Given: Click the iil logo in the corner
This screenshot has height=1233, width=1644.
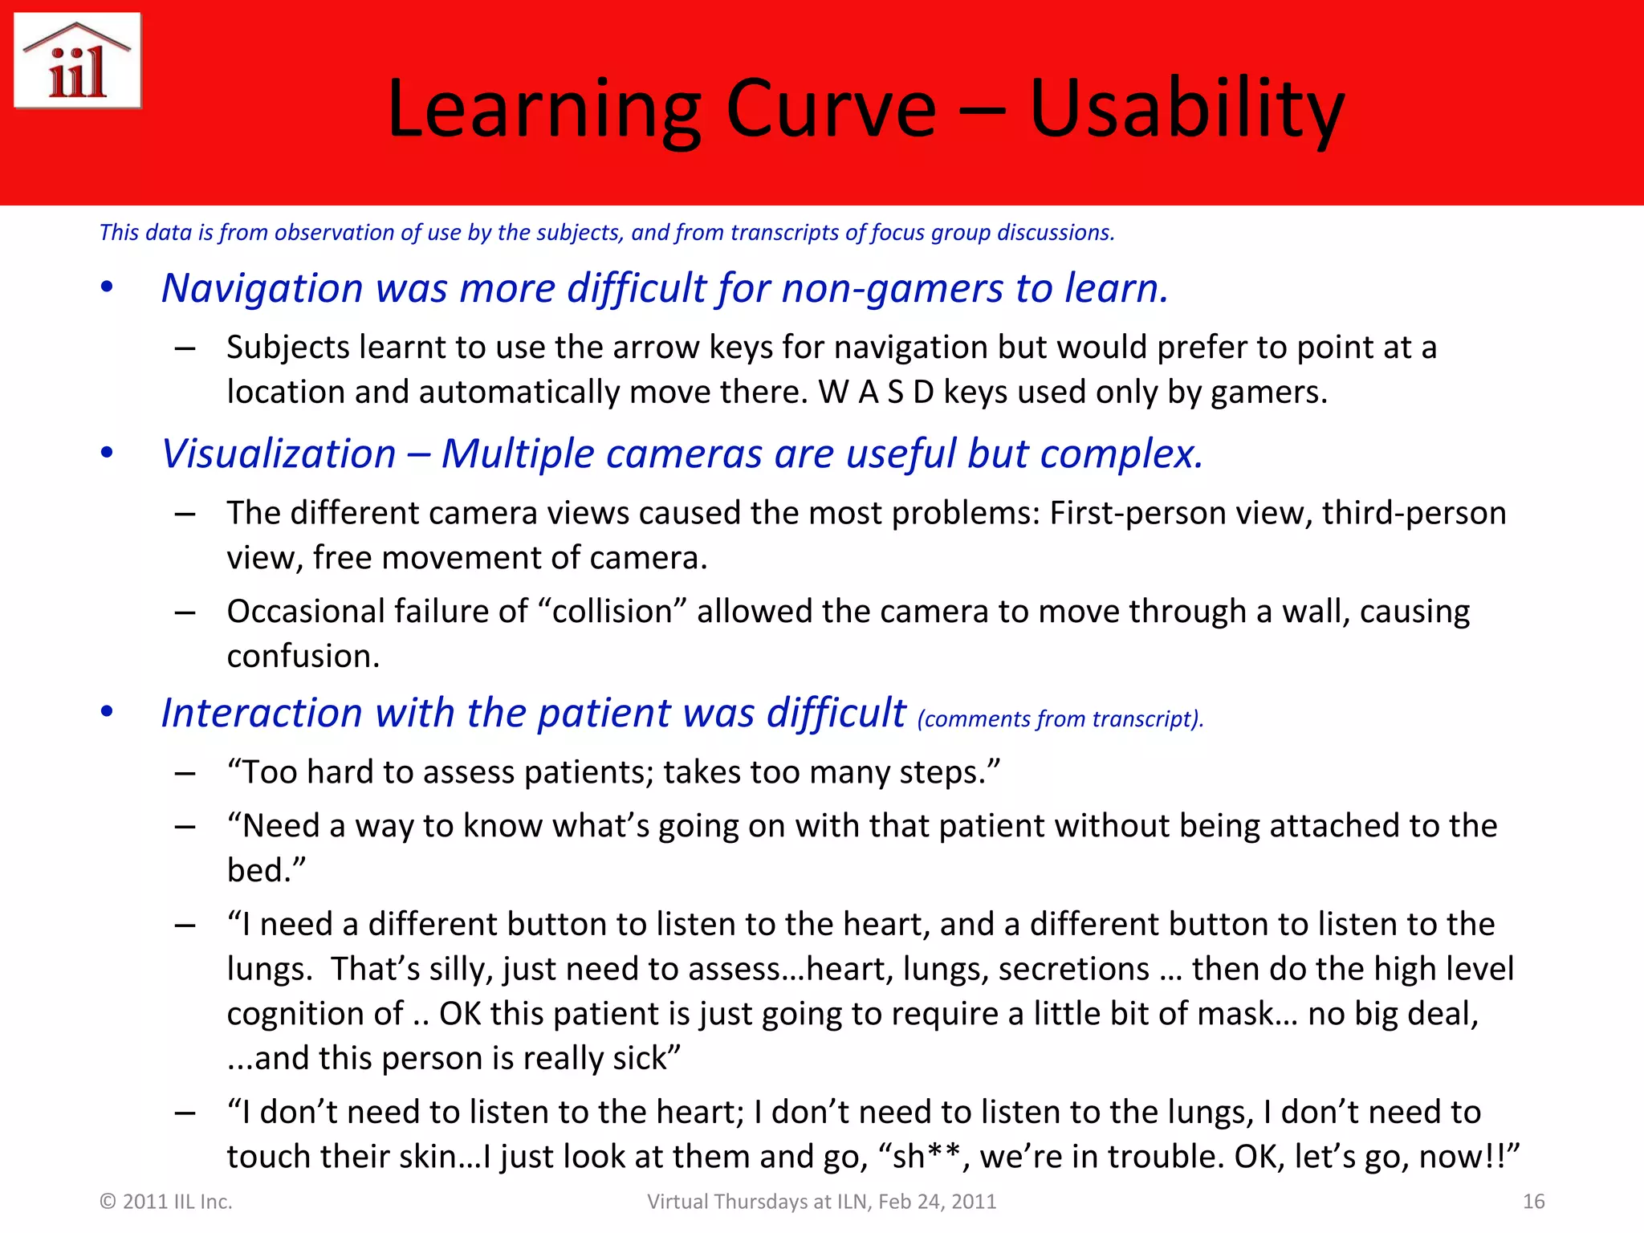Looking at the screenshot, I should [x=78, y=61].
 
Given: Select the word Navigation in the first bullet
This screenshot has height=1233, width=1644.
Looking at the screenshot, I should [x=262, y=288].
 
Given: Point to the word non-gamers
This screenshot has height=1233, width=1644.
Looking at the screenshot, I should [x=892, y=288].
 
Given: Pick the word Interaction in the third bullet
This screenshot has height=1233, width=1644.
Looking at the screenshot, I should [x=262, y=713].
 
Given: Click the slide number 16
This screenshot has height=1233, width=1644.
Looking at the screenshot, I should [x=1533, y=1202].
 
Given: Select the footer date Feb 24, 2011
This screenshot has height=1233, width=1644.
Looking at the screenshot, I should [x=937, y=1202].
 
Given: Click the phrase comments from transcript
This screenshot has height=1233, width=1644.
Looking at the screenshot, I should [x=1060, y=719].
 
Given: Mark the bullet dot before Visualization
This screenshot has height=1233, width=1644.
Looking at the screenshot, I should [x=107, y=454].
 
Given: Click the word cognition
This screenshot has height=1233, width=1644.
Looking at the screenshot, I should [x=315, y=1014].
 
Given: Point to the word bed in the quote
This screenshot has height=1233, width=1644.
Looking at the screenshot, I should [x=258, y=871].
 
